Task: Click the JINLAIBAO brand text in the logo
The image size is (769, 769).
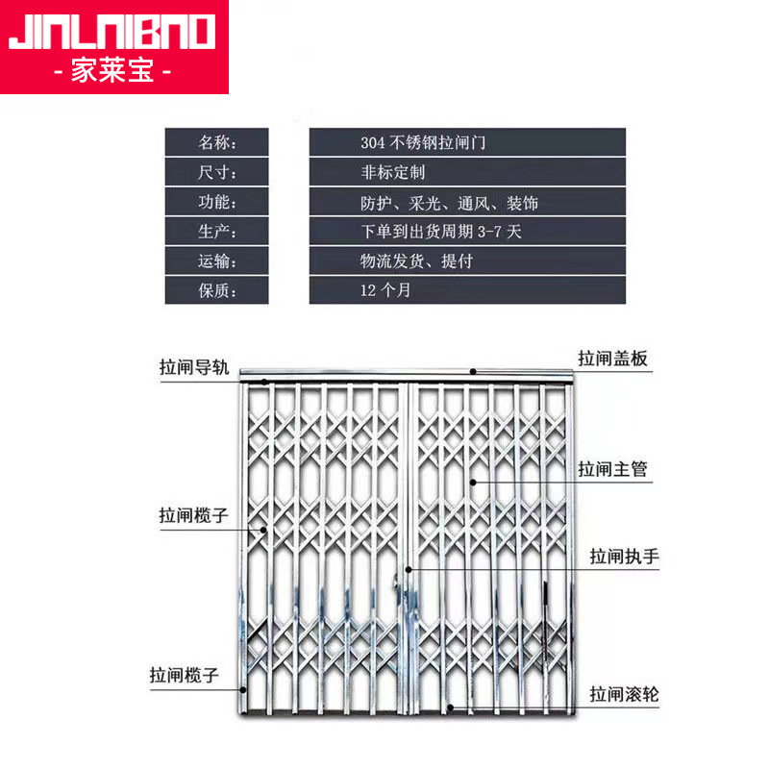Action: tap(113, 31)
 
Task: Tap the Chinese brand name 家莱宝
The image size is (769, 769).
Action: tap(113, 72)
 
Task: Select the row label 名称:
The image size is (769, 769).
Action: tap(216, 142)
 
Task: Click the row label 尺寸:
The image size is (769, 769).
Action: tap(216, 172)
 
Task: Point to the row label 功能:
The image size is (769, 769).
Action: tap(216, 202)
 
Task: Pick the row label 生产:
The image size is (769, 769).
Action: tap(216, 232)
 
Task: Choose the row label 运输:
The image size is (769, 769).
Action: tap(216, 260)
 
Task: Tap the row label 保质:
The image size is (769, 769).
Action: tap(216, 290)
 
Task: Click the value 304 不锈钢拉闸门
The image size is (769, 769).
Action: tap(423, 142)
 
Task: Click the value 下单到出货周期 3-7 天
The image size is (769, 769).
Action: tap(440, 232)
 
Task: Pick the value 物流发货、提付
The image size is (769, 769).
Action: tap(415, 260)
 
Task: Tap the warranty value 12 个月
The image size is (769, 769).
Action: tap(384, 290)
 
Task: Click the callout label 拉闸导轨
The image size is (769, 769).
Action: tap(194, 366)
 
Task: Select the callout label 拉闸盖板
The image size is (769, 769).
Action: tap(612, 359)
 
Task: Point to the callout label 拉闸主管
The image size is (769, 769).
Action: tap(612, 469)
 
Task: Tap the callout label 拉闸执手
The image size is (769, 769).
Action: tap(624, 557)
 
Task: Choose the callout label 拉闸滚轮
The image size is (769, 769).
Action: tap(624, 693)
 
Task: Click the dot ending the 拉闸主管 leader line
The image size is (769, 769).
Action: tap(473, 483)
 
